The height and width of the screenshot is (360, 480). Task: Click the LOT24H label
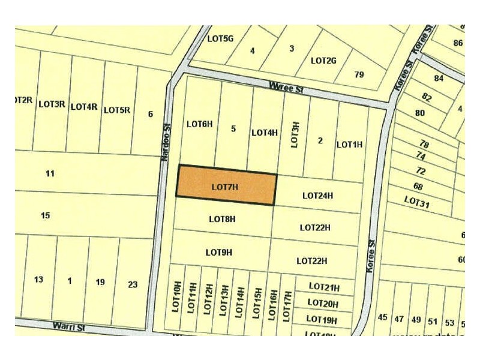tap(317, 196)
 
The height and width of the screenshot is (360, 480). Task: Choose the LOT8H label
tap(222, 219)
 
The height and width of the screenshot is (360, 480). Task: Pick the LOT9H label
tap(218, 252)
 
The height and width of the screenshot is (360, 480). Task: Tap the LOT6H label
tap(199, 124)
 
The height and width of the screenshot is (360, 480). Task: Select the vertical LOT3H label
tap(295, 135)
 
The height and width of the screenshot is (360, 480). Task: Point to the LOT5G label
tap(220, 38)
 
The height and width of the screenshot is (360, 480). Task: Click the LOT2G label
tap(323, 61)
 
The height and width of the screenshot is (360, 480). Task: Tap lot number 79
tap(359, 75)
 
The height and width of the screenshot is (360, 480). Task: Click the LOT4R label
tap(84, 107)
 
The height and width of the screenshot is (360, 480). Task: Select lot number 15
tap(45, 215)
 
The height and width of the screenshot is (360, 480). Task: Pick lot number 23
tap(133, 284)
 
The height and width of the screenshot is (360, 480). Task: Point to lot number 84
tap(439, 79)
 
